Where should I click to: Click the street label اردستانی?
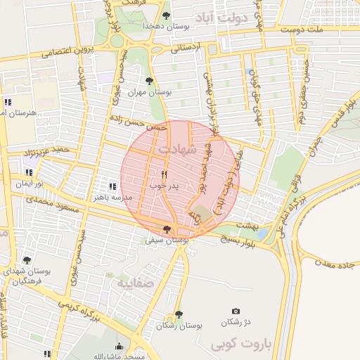click(x=185, y=48)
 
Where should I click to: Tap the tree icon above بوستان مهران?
click(x=148, y=80)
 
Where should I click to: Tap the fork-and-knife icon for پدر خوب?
click(x=165, y=174)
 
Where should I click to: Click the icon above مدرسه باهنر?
click(x=112, y=186)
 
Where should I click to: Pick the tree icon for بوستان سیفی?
click(x=167, y=229)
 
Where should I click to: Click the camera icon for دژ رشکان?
click(x=236, y=311)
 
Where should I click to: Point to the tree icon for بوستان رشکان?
click(x=178, y=314)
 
